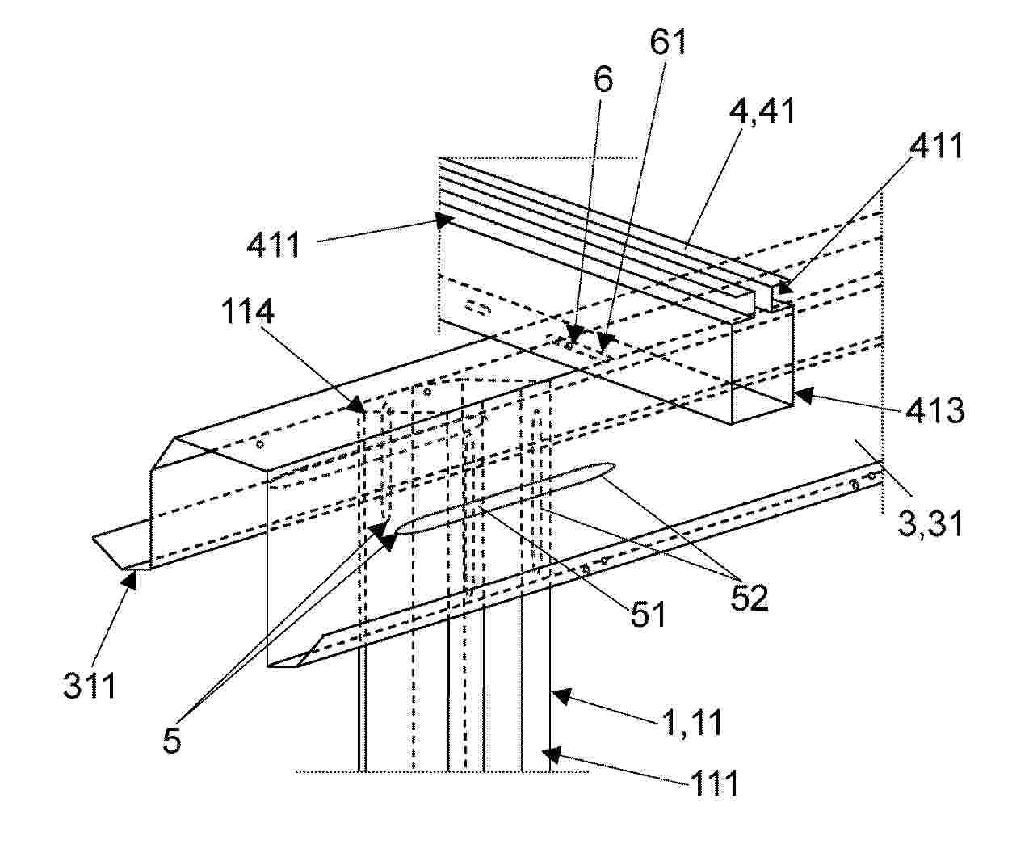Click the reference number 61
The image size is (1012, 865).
pos(668,42)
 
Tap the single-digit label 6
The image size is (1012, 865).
pos(603,79)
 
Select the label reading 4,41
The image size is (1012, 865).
pos(761,111)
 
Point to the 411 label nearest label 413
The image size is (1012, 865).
pos(935,145)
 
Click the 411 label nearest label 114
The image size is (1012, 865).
pos(273,245)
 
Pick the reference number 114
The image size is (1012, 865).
pos(247,312)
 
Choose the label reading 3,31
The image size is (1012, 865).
pos(929,524)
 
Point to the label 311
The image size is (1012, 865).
pos(90,686)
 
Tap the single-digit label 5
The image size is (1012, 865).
pos(172,741)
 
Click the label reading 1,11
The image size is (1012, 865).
pos(691,723)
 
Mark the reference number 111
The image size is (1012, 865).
pos(714,783)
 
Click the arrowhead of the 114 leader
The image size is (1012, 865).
pos(359,405)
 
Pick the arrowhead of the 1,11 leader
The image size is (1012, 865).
pos(561,695)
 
